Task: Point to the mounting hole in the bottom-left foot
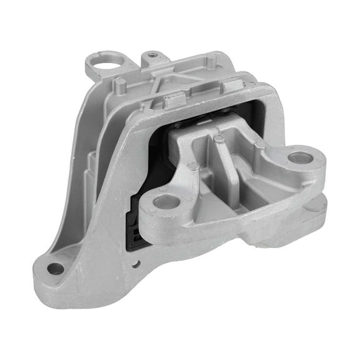(55, 268)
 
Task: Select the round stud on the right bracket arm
(260, 144)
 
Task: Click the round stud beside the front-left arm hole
(193, 166)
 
